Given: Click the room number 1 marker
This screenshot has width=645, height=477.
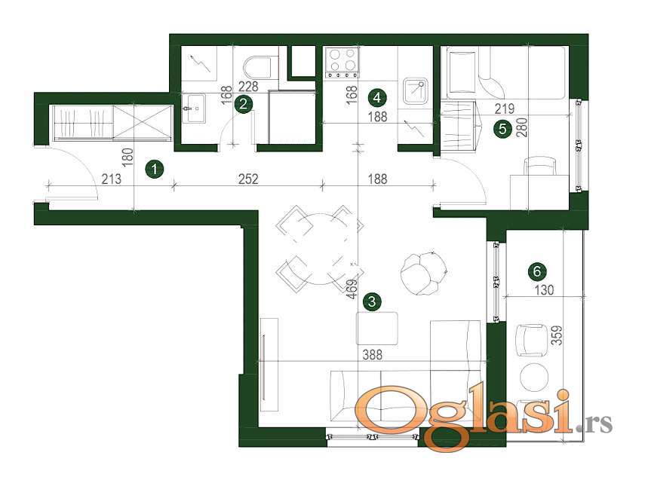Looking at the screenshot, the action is click(154, 170).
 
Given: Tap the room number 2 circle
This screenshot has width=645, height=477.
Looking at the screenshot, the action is click(243, 103).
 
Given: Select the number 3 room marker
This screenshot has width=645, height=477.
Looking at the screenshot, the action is click(372, 301).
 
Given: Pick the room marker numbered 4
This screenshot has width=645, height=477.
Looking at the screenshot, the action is click(377, 97).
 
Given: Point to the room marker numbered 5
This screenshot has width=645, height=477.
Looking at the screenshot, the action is click(502, 129).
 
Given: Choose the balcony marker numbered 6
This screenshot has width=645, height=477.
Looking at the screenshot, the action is click(537, 271).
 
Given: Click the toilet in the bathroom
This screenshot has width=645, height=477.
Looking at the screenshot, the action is click(257, 67).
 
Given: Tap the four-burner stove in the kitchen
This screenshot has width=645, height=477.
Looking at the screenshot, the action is click(342, 62).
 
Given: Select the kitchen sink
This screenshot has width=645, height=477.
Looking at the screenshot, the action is click(416, 91).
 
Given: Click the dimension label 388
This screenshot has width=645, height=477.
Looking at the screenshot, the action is click(372, 354).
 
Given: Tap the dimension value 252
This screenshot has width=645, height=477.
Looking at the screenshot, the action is click(248, 179).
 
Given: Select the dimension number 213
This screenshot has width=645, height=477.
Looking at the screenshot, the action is click(112, 179).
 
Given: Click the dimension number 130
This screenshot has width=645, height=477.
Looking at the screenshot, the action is click(544, 290).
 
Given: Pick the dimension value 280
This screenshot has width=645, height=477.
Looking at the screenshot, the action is click(524, 127).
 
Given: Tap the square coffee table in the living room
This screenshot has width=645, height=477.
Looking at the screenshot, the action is click(376, 329).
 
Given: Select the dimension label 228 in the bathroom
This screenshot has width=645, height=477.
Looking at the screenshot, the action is click(248, 86).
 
